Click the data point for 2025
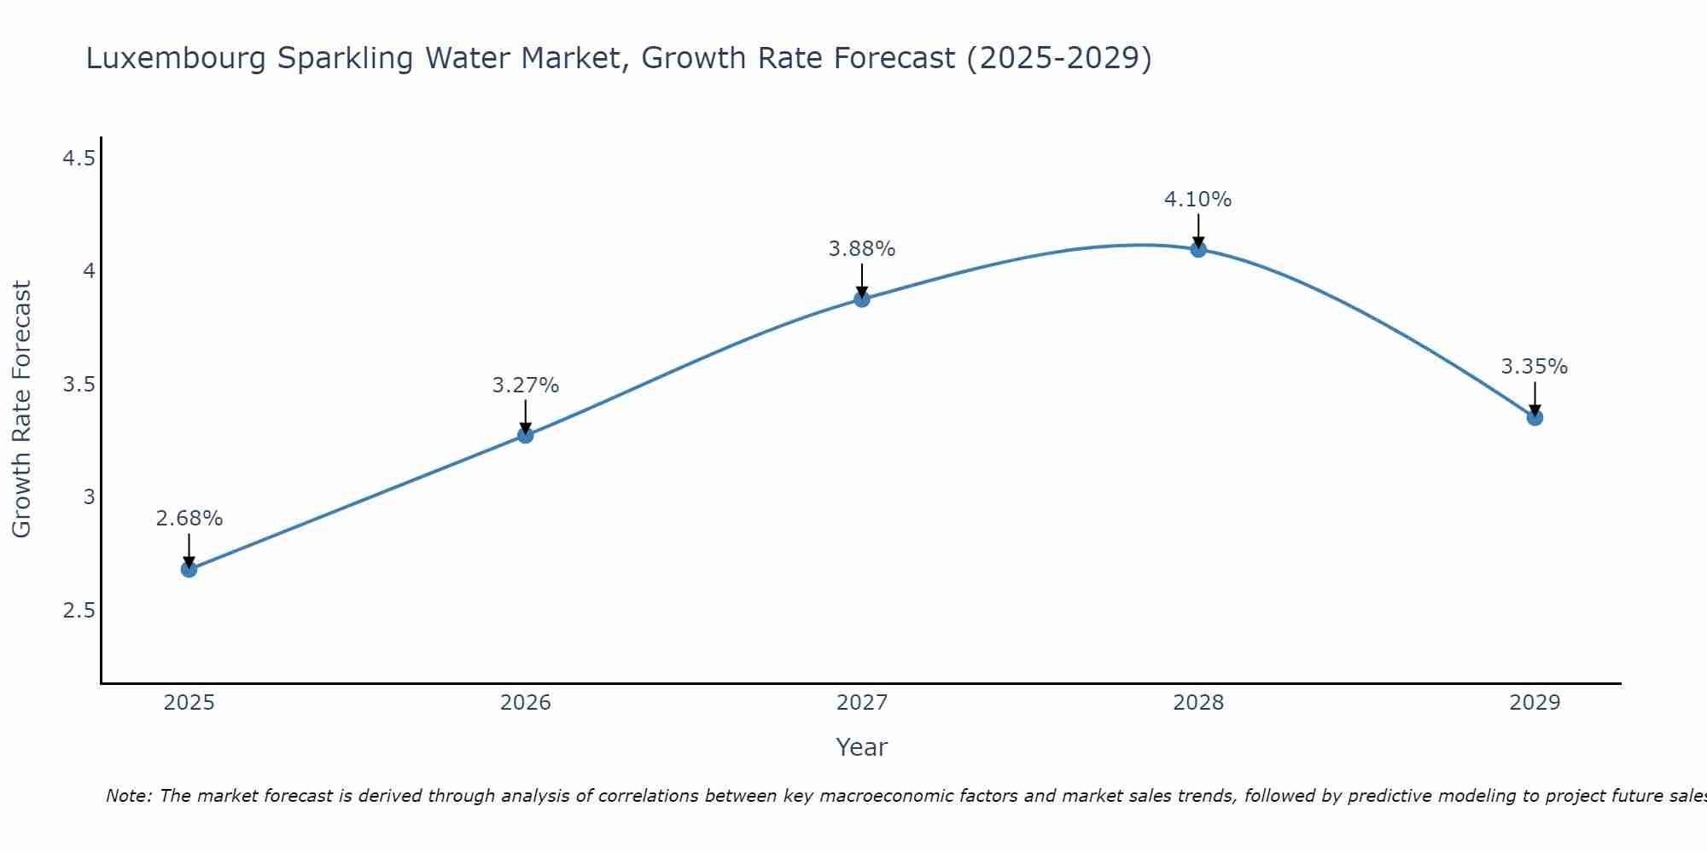(189, 569)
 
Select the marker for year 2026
(525, 435)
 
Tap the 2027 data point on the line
(862, 299)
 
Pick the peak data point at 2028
(1198, 249)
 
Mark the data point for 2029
(1535, 417)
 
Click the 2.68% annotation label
(189, 519)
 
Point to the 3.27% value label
(525, 386)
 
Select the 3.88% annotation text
(862, 249)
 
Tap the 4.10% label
(1198, 200)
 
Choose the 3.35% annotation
(1535, 367)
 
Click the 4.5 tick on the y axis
(79, 159)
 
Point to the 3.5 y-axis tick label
(79, 385)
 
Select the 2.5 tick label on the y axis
(79, 611)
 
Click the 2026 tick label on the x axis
(525, 703)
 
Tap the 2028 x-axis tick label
(1198, 703)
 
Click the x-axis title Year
(862, 747)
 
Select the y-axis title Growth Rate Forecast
(21, 409)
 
